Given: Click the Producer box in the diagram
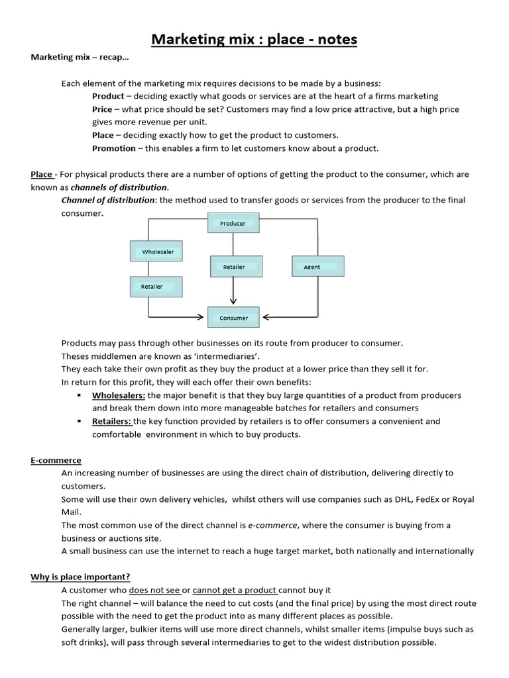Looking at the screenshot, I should tap(233, 224).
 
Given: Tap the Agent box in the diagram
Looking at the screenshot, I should tap(317, 267).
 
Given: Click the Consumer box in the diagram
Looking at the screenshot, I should tap(234, 318).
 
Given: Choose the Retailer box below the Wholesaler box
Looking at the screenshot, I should tap(156, 287).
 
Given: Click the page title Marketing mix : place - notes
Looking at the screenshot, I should tap(254, 40).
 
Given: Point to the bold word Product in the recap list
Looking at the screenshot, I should tap(108, 96).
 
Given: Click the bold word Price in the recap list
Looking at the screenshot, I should tap(102, 109).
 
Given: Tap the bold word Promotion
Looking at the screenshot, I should tap(114, 148).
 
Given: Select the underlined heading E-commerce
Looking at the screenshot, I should tap(56, 460).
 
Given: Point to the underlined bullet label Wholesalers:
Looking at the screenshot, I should tap(119, 395).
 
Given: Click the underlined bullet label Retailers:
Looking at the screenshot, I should tap(112, 421).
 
